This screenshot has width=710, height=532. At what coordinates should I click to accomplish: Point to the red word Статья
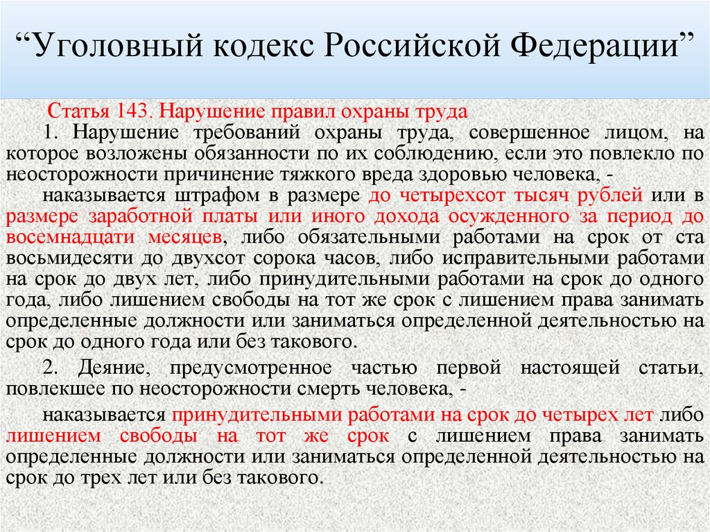pyautogui.click(x=76, y=112)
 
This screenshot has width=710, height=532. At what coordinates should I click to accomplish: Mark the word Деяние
pyautogui.click(x=111, y=367)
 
